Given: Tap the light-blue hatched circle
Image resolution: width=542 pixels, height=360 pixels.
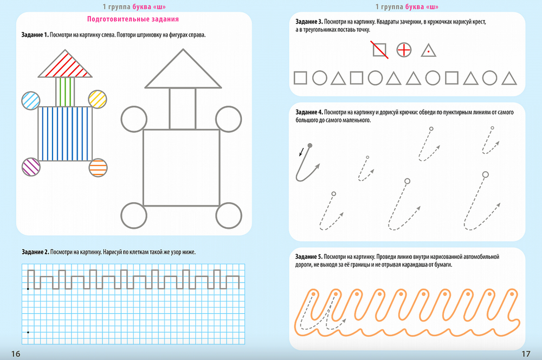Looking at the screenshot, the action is click(x=31, y=101).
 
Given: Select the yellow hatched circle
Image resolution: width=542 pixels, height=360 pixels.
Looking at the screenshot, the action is click(x=98, y=99).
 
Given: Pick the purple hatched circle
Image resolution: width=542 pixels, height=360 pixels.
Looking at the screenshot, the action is click(x=31, y=166).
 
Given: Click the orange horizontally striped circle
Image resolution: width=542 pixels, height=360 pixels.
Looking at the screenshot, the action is click(x=98, y=168).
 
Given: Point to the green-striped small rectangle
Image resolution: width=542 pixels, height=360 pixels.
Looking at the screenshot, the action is click(x=65, y=92).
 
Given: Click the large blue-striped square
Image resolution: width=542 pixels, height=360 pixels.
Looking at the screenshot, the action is click(x=65, y=134).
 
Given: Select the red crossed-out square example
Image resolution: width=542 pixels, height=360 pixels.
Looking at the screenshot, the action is click(x=379, y=50).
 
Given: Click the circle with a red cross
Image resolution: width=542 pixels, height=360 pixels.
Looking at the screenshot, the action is click(x=404, y=50).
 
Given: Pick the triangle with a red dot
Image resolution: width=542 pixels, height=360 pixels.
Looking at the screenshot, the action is click(x=429, y=50).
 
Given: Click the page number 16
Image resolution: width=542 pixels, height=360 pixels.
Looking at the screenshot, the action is click(x=16, y=353).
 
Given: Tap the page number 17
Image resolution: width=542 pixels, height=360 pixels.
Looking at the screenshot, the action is click(x=526, y=353).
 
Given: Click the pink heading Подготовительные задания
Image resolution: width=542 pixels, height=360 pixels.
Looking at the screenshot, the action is click(x=133, y=20).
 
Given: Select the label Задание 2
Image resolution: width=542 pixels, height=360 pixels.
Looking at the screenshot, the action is click(x=35, y=252).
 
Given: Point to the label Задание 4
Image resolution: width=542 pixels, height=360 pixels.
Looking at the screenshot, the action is click(x=309, y=112).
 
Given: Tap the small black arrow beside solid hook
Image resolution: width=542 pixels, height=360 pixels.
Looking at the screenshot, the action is click(x=301, y=151).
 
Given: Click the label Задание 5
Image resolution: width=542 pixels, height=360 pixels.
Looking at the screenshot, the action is click(x=309, y=256).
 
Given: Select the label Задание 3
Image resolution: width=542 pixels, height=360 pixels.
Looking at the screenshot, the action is click(x=309, y=22).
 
